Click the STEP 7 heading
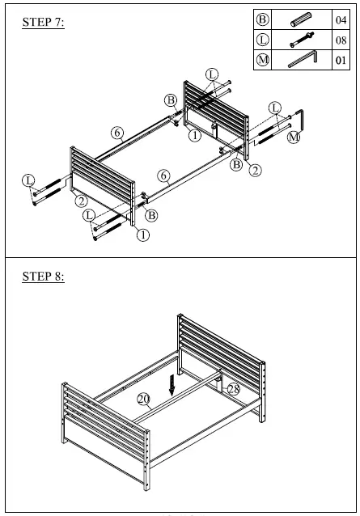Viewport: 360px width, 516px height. coord(42,23)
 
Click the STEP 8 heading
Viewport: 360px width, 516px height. coord(42,277)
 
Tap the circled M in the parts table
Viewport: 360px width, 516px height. coord(262,59)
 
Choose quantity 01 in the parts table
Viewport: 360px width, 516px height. coord(341,59)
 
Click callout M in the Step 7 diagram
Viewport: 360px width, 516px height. coord(294,138)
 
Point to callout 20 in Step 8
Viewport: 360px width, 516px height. coord(143,399)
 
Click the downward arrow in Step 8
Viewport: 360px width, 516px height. coord(171,384)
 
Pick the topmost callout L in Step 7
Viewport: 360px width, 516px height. coord(212,74)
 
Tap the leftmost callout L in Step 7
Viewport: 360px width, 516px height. coord(29,180)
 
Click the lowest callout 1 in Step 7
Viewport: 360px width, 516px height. coord(142,235)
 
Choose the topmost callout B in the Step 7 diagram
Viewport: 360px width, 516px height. coord(171,99)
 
